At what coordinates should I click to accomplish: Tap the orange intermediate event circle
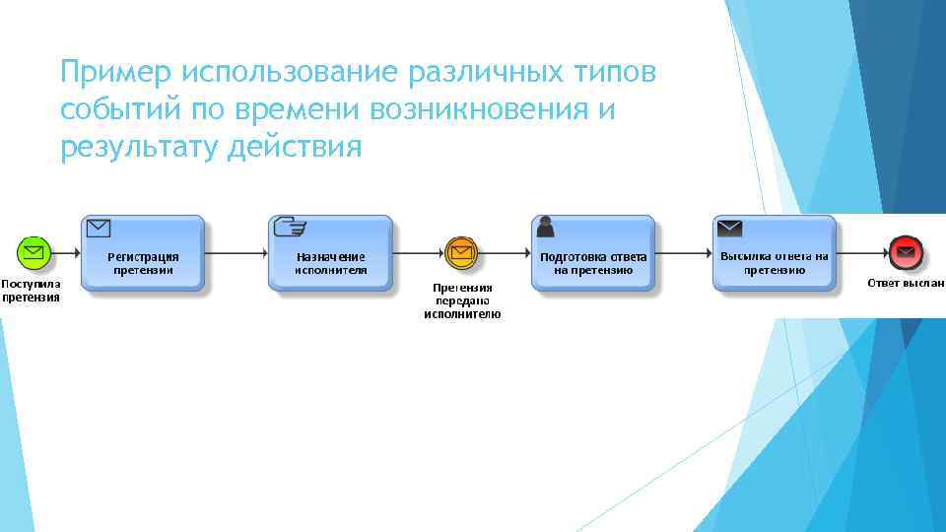coord(461,253)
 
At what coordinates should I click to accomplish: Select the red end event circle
coord(904,253)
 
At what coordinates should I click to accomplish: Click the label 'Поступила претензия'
coord(31,290)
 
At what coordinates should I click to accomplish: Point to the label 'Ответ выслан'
coord(906,283)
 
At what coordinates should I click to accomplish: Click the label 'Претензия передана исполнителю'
coord(462,300)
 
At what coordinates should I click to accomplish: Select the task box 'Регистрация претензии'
coord(143,254)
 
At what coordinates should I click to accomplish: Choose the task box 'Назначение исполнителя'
coord(331,254)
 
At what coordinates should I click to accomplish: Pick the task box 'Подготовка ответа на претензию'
coord(593,254)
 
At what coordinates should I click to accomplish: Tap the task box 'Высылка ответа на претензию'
coord(775,254)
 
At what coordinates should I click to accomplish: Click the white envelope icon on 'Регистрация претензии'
coord(98,229)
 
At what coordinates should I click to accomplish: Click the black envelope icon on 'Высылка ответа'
coord(730,228)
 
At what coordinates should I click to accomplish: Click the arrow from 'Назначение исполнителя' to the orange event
coord(419,253)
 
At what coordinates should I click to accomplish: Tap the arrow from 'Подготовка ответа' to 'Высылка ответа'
coord(684,253)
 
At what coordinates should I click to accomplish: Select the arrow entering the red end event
coord(861,253)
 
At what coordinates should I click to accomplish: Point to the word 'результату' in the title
coord(139,149)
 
